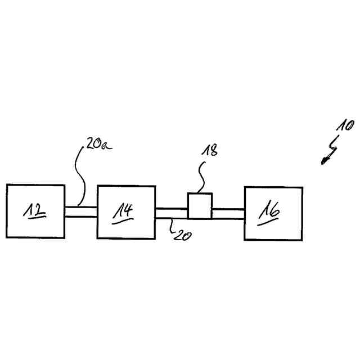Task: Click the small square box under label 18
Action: (200, 206)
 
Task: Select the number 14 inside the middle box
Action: (125, 211)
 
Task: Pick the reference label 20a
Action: (98, 145)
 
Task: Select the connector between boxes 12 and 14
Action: (81, 211)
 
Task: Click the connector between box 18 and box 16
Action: (228, 213)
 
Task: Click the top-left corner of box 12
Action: (7, 184)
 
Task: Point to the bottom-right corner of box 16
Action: (303, 240)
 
